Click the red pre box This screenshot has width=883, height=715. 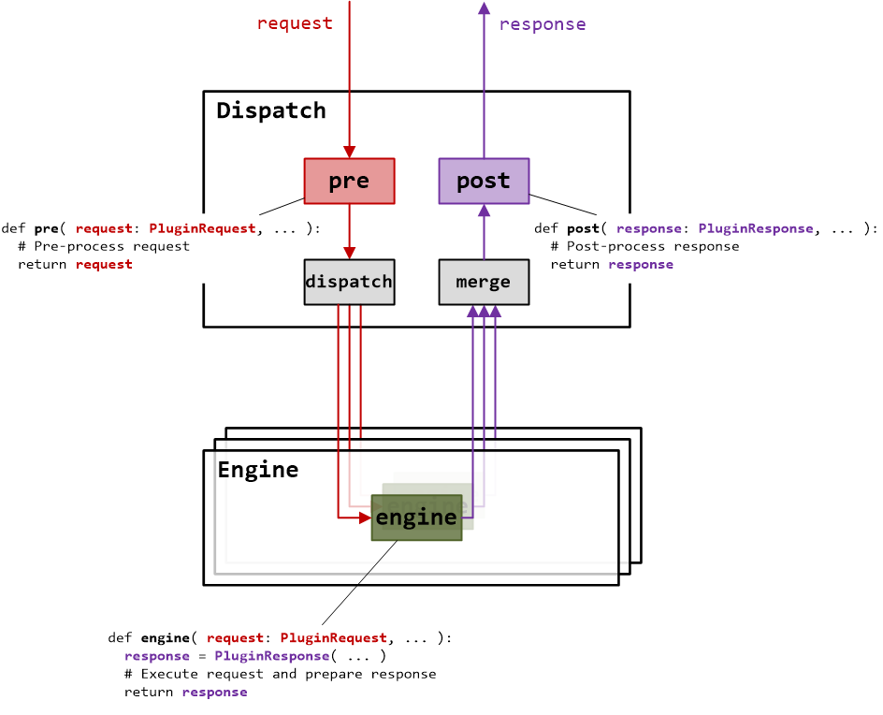pos(349,181)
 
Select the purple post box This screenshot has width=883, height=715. pos(484,181)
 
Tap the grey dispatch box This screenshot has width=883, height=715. pos(349,282)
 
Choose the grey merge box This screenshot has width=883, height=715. pos(484,282)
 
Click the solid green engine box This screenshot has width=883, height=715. pos(416,518)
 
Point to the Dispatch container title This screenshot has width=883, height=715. pos(271,110)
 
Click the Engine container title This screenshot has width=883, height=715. pos(258,470)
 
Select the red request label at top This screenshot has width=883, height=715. pos(295,23)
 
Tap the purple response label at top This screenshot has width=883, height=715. pos(543,24)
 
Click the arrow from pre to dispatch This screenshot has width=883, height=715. pos(349,230)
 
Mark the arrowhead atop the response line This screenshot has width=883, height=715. pos(484,8)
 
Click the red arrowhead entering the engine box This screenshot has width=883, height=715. pos(365,517)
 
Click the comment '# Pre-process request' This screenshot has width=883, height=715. pos(104,246)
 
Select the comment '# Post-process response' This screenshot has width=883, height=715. pos(644,246)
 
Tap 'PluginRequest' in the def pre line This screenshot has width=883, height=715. pos(202,228)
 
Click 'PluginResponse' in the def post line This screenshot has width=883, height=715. pos(756,228)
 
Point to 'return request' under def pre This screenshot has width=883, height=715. pos(75,264)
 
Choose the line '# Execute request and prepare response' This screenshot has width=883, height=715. pos(280,674)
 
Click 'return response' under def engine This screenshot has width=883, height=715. pos(185,692)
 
